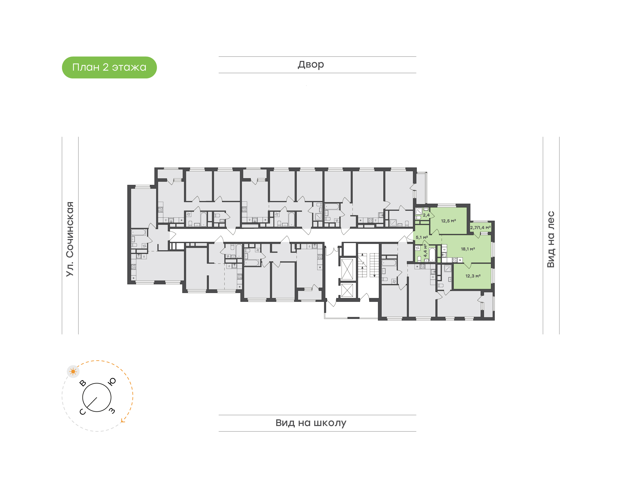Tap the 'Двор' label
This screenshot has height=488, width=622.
(x=311, y=65)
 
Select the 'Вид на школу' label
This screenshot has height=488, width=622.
(x=311, y=423)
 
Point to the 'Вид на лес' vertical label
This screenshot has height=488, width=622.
(x=551, y=239)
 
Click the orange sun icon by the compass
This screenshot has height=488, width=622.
(x=73, y=371)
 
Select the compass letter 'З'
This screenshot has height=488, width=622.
(x=112, y=411)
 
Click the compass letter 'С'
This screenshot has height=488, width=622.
(x=82, y=412)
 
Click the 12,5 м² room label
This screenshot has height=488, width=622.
(x=448, y=221)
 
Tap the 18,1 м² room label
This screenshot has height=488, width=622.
(x=468, y=249)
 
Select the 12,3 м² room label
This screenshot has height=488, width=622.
(x=473, y=276)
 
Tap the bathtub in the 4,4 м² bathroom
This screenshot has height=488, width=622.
(x=432, y=255)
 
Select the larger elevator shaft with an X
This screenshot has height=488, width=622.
(x=347, y=269)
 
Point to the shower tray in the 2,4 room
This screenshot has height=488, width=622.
(x=419, y=211)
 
